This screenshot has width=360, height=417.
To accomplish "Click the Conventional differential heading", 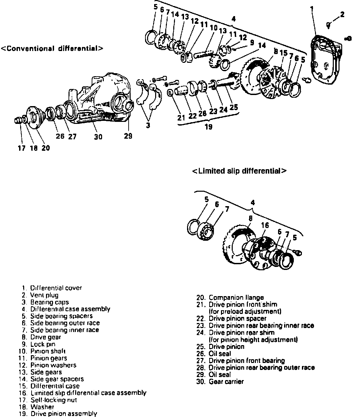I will pyautogui.click(x=52, y=48).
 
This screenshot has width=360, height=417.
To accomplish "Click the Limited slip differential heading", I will pyautogui.click(x=239, y=171).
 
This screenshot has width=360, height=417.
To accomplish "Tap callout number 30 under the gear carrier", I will pyautogui.click(x=98, y=137).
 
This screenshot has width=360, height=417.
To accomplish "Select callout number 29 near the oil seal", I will pyautogui.click(x=128, y=136).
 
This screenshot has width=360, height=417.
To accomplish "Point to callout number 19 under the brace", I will pyautogui.click(x=208, y=127).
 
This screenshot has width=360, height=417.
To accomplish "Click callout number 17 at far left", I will pyautogui.click(x=21, y=148).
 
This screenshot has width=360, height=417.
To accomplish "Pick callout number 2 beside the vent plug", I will pyautogui.click(x=342, y=14).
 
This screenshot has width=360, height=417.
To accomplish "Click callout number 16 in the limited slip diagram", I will pyautogui.click(x=265, y=225).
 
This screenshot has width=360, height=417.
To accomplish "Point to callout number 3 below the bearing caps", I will pyautogui.click(x=148, y=126).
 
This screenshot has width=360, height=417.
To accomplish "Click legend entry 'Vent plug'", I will pyautogui.click(x=44, y=295).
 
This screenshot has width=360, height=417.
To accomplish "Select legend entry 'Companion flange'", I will pyautogui.click(x=236, y=297).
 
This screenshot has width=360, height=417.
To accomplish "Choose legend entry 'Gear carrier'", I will pyautogui.click(x=226, y=381).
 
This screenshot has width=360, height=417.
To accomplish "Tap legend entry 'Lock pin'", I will pyautogui.click(x=43, y=344).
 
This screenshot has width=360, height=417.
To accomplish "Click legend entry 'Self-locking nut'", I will pyautogui.click(x=53, y=400).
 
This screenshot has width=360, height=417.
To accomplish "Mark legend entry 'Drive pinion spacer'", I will pyautogui.click(x=237, y=318).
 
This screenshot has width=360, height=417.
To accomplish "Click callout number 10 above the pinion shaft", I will pyautogui.click(x=214, y=28).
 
